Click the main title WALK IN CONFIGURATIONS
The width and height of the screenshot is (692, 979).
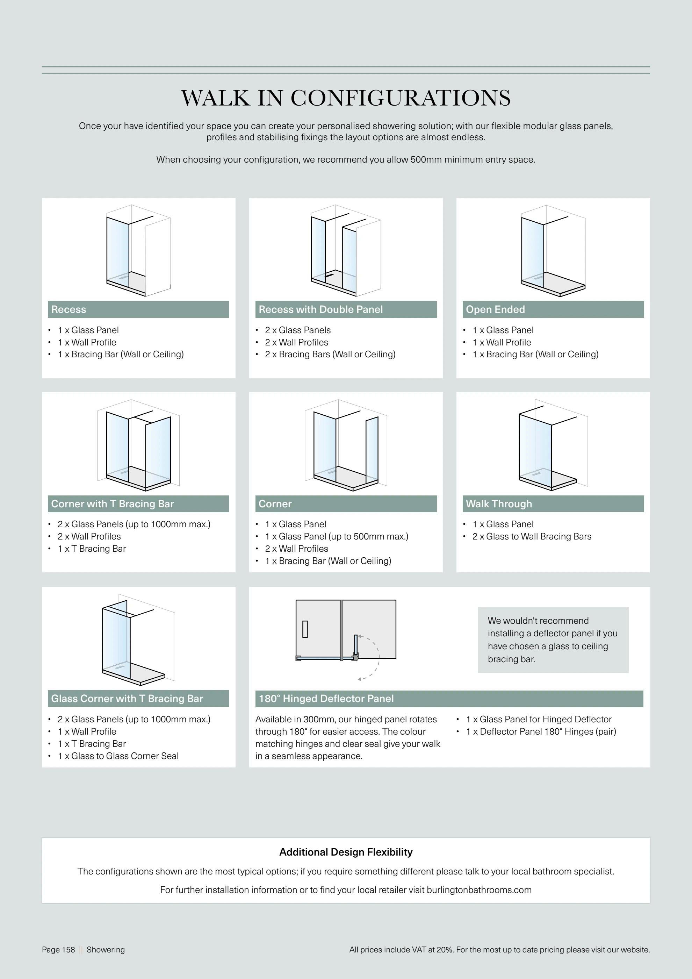coord(346,98)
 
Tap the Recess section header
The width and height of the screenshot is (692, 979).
coord(69,309)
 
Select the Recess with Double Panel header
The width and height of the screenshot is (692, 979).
coord(320,309)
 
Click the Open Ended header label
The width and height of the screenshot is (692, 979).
coord(495,309)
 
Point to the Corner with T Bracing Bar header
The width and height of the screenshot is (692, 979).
coord(113,504)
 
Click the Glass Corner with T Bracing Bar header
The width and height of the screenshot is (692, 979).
coord(127,699)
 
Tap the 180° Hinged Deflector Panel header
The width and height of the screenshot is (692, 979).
coord(326,699)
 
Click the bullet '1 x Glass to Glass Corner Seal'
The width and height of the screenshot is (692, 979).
coord(118,756)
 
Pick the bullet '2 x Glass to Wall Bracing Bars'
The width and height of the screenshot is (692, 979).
coord(532,536)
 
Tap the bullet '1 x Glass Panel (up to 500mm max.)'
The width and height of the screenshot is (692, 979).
coord(337,536)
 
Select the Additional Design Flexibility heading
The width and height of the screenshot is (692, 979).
coord(346,852)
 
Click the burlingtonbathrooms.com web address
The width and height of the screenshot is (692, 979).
coord(479,890)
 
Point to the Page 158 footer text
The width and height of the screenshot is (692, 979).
coord(58,950)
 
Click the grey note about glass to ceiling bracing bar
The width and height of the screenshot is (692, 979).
coord(553,639)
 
